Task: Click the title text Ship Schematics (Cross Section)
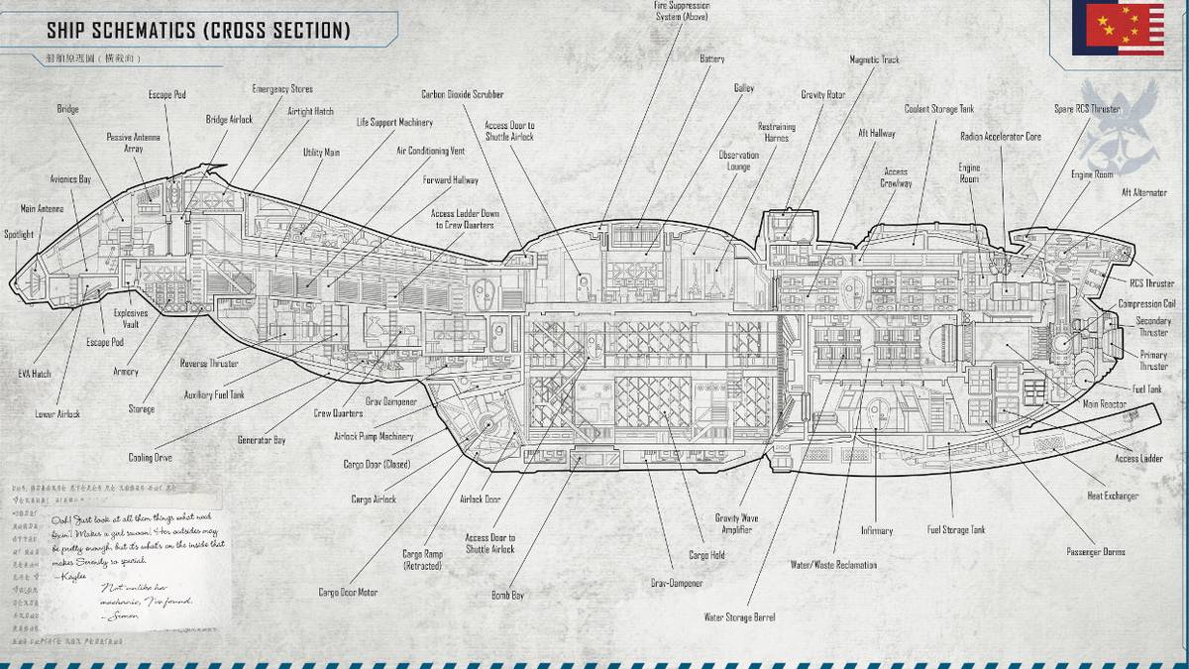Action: (x=198, y=31)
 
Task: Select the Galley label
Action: (x=743, y=88)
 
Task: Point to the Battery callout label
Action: (x=711, y=59)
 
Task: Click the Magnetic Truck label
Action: (x=874, y=60)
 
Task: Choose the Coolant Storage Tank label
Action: (x=939, y=109)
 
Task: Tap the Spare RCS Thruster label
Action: (x=1087, y=109)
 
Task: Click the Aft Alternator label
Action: (x=1143, y=192)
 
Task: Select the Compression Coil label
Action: (x=1146, y=304)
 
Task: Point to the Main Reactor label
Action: (x=1104, y=404)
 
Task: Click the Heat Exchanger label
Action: (x=1113, y=496)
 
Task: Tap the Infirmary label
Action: (x=877, y=531)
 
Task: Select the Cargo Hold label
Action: (x=705, y=555)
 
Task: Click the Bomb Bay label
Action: (x=506, y=596)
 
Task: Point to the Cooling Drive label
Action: (x=151, y=458)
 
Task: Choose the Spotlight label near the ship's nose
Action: (x=19, y=235)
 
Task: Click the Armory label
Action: (x=126, y=373)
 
